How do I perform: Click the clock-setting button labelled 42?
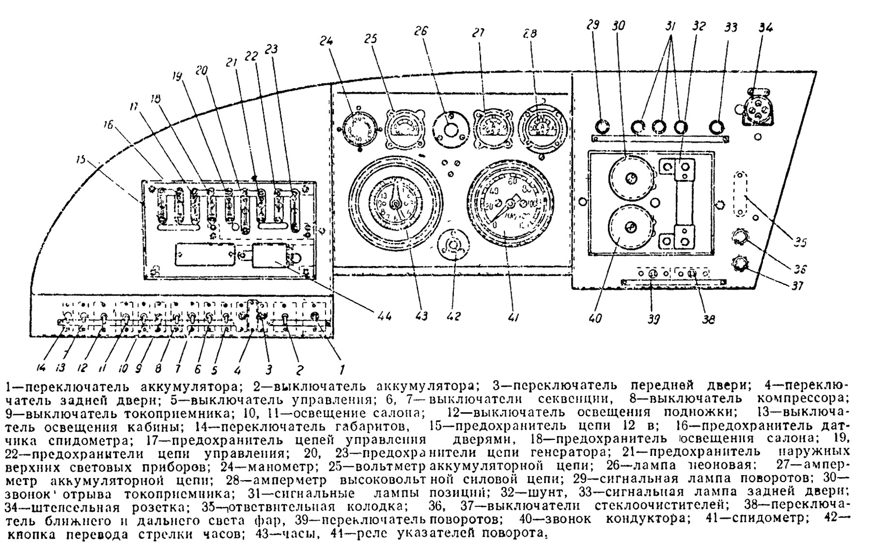coord(452,246)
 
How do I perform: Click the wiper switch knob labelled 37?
coord(739,264)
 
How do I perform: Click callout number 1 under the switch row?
coord(342,370)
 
